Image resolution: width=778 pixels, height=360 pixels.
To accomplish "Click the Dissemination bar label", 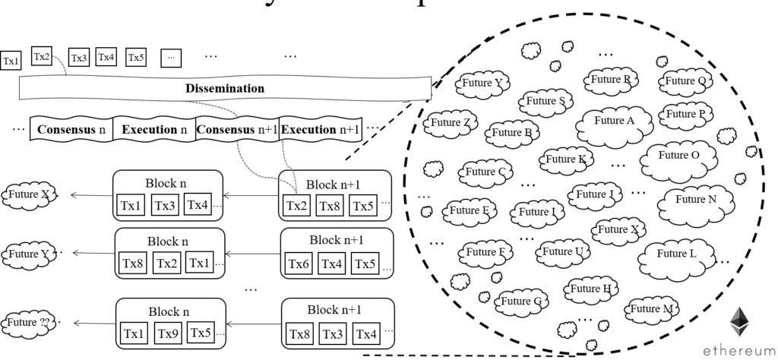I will point(225,88).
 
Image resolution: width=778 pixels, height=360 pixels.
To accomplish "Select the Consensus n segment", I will point(71,128).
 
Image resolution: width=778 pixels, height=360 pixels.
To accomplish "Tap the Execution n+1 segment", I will point(321,128).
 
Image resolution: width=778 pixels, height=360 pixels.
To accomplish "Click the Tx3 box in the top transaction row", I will point(79,57).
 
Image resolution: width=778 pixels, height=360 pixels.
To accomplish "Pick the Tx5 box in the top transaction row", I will point(136,57).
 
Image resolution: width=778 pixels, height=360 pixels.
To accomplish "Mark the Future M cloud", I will point(651,308).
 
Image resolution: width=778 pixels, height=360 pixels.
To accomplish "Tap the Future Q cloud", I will point(685,81).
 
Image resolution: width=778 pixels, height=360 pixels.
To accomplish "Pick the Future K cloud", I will point(565,159).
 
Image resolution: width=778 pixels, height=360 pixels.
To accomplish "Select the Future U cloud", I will point(562,251).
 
